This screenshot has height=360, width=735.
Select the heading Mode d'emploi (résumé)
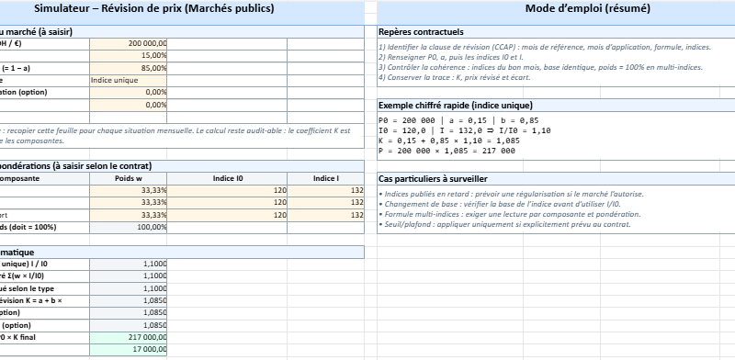point(588,9)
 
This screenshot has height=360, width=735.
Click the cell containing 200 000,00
point(129,43)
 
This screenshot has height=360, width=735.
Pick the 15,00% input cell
point(129,55)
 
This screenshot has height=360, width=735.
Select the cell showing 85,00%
point(129,68)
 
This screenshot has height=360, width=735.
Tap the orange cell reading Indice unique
point(129,80)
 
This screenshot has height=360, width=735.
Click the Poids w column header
point(129,178)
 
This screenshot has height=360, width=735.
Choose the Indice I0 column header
point(228,178)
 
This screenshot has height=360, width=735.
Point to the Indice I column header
point(325,178)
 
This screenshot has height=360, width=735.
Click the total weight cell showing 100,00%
point(129,227)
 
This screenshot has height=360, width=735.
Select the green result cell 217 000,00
point(129,337)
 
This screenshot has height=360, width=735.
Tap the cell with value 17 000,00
point(129,350)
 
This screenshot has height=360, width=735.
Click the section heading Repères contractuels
point(421,31)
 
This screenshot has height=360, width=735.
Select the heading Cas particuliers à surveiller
point(432,178)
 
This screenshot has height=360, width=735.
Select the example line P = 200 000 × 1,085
point(447,151)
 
